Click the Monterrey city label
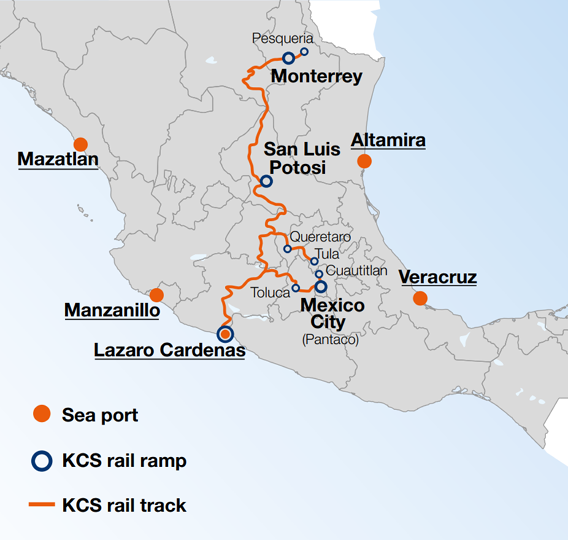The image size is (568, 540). click(x=316, y=76)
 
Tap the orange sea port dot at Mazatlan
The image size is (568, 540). click(x=81, y=144)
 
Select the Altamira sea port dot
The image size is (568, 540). click(x=364, y=161)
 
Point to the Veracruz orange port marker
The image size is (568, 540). click(x=420, y=298)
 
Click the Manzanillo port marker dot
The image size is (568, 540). click(x=156, y=295)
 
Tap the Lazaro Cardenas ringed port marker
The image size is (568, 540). click(x=225, y=334)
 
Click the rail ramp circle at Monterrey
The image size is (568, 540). click(x=289, y=58)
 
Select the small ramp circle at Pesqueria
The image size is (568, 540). click(x=304, y=51)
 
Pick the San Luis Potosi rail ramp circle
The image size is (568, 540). click(x=266, y=181)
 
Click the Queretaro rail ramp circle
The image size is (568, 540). click(x=288, y=249)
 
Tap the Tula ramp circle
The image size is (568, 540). click(x=314, y=261)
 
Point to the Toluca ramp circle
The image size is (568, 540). click(x=296, y=288)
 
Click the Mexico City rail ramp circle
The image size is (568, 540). click(x=321, y=287)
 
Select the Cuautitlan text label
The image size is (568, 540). click(x=356, y=270)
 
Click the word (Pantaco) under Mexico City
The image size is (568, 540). click(x=330, y=340)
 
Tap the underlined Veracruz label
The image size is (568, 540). click(x=438, y=277)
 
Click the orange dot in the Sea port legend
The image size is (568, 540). click(x=42, y=414)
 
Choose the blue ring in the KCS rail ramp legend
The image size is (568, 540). click(x=42, y=461)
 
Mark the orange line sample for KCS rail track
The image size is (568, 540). click(x=42, y=505)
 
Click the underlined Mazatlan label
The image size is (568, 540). click(x=58, y=159)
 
